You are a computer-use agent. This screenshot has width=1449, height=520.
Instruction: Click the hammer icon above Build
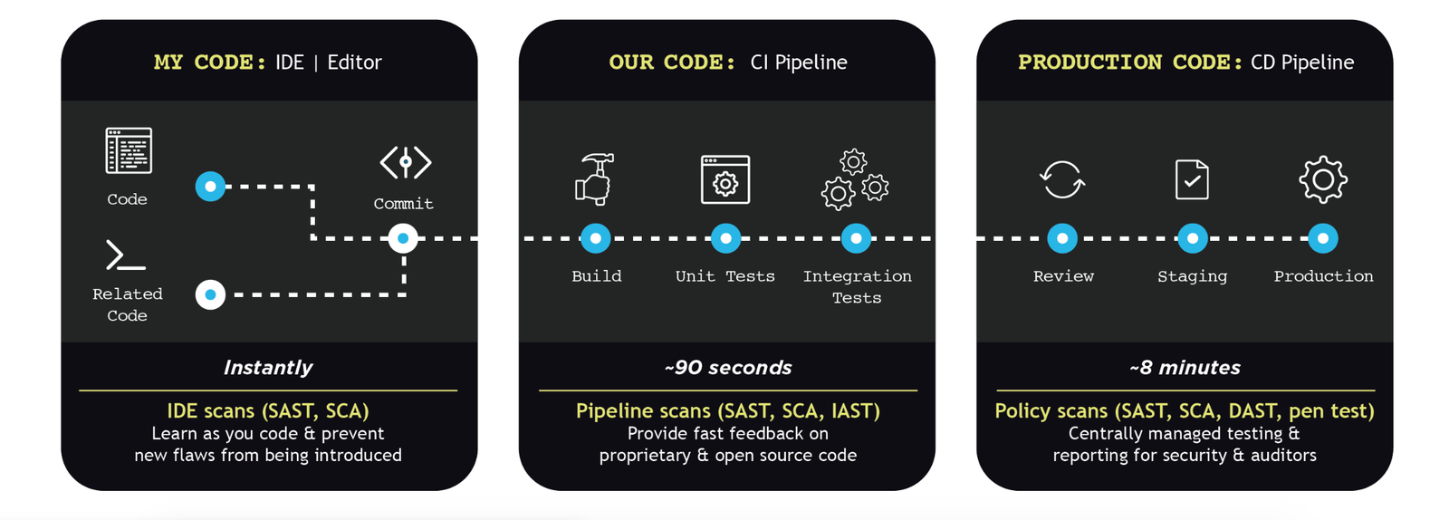tap(595, 178)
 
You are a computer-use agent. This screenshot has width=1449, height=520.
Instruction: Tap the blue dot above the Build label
tap(595, 238)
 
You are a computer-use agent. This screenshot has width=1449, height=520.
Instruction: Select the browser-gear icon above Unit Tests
tap(725, 179)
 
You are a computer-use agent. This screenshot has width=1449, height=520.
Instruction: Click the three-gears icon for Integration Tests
tap(855, 179)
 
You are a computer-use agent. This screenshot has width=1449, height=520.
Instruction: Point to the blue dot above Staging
tap(1192, 238)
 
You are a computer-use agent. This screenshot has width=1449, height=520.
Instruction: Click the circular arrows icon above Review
tap(1062, 179)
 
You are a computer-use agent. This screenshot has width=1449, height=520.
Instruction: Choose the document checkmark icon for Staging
tap(1192, 179)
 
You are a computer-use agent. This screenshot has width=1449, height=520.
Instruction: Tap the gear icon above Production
tap(1323, 179)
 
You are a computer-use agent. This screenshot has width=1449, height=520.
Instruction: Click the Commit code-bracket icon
tap(405, 163)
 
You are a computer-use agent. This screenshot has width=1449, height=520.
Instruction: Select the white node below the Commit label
tap(403, 238)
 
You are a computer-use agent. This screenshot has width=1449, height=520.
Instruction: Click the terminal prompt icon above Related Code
tap(126, 255)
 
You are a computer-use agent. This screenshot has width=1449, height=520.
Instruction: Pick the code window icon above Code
tap(129, 150)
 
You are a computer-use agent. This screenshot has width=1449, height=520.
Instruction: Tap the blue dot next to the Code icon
tap(210, 187)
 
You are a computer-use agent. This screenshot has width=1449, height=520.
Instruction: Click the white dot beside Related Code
tap(210, 294)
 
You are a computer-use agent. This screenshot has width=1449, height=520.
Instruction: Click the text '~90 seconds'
tap(727, 368)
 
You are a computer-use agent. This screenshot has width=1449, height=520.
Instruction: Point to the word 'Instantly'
tap(267, 368)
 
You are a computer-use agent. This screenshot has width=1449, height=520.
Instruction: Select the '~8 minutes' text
tap(1185, 368)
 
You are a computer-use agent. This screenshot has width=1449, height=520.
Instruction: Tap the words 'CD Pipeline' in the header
tap(1302, 63)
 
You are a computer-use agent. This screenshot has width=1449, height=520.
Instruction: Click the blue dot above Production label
tap(1323, 238)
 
